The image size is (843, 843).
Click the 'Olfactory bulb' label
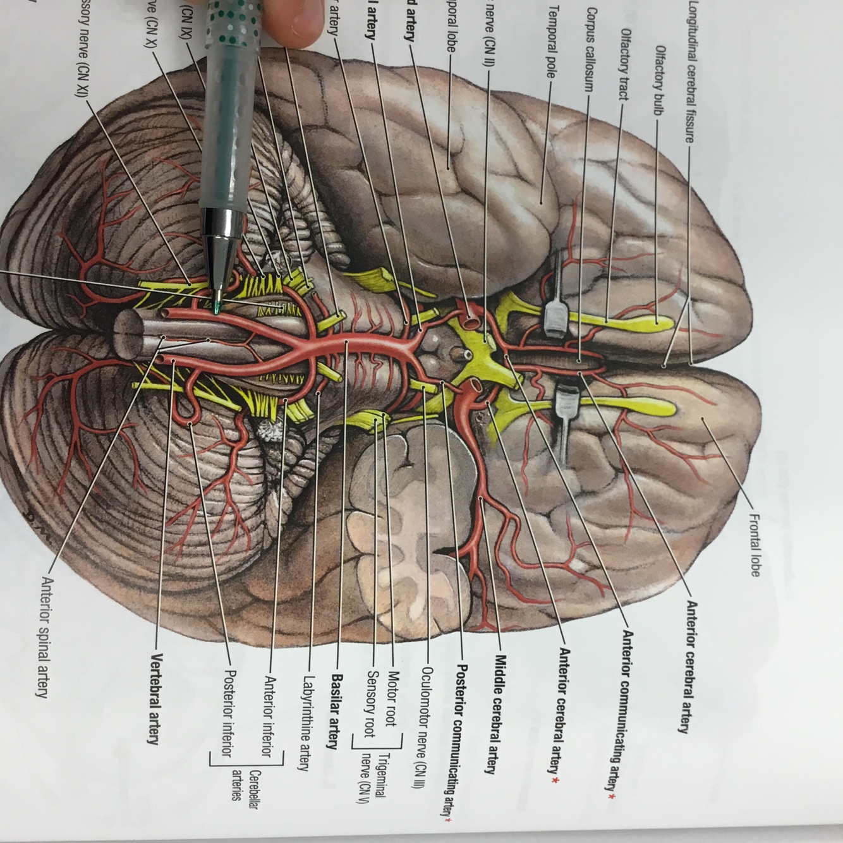click(x=659, y=79)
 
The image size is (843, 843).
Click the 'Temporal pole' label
click(x=552, y=42)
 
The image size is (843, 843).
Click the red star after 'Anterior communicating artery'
click(x=610, y=796)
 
